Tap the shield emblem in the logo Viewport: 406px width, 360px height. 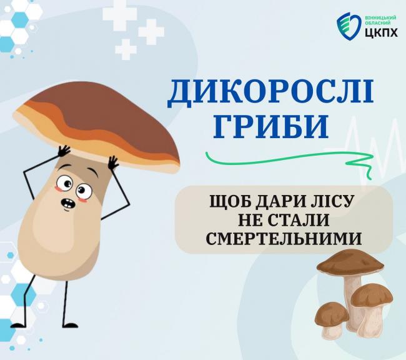pyautogui.click(x=347, y=26)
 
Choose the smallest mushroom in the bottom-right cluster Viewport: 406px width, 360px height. pyautogui.click(x=331, y=319)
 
